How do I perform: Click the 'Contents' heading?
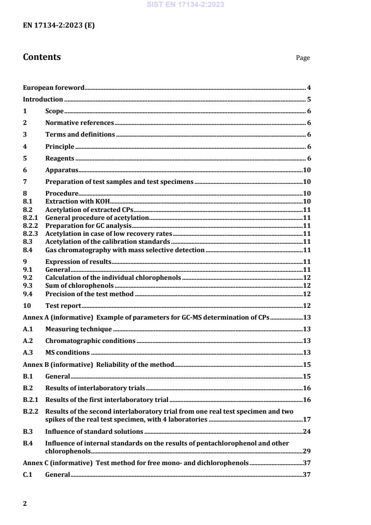42,57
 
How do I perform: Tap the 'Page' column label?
303,58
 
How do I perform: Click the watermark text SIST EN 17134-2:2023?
185,5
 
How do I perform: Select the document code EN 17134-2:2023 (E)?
58,26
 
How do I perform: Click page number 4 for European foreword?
309,87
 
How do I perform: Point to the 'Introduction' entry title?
43,99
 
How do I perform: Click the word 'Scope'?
54,111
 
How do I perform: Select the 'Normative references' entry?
80,123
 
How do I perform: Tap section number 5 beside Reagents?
25,158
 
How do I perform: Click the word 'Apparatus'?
61,170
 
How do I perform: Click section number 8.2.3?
30,233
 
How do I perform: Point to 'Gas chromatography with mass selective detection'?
124,250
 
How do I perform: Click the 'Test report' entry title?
63,306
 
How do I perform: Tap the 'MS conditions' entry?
67,352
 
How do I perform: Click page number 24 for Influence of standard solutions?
307,431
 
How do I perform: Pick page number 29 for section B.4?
307,452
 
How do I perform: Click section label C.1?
28,474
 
